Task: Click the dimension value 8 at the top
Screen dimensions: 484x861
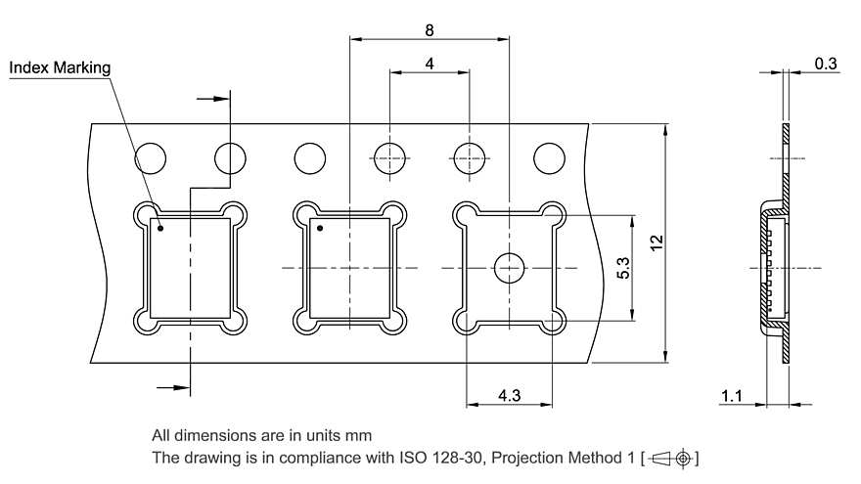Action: coord(430,29)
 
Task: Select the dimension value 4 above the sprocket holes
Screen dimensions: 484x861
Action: coord(430,63)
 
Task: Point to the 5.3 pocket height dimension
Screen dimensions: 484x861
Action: coord(623,267)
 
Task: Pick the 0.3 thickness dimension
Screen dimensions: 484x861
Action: coord(826,64)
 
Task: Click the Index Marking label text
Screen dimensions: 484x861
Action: coord(60,67)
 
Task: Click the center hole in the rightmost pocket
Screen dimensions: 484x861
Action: coord(509,267)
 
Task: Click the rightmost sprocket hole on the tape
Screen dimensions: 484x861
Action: coord(549,157)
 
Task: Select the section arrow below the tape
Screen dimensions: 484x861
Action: coord(174,388)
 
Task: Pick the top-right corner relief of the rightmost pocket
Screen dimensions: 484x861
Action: coord(553,212)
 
